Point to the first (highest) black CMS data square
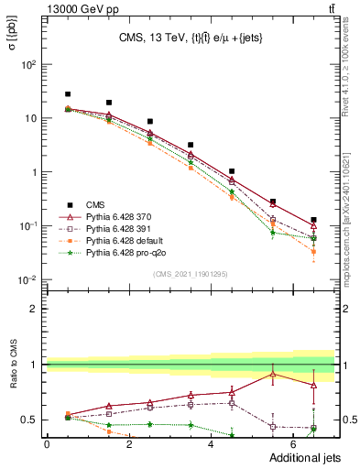click(x=68, y=94)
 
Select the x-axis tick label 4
click(x=212, y=445)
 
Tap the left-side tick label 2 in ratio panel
click(x=35, y=309)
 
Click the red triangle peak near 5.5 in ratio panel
click(x=272, y=374)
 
